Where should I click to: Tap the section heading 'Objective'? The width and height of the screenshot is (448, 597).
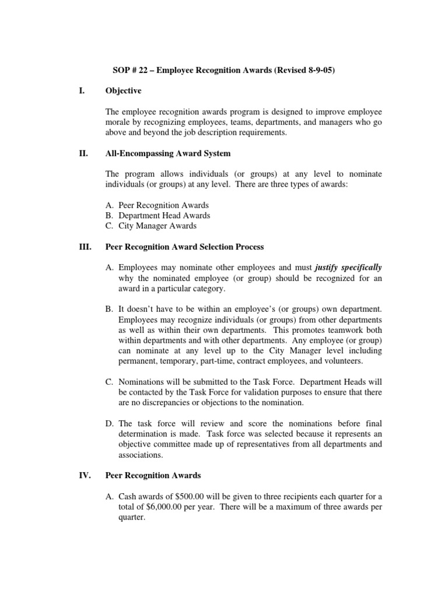tap(123, 91)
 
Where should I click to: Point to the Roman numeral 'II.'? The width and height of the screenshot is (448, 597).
tap(82, 154)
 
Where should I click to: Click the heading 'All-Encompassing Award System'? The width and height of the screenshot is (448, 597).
tap(168, 154)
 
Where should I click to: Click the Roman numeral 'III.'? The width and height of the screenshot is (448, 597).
tap(83, 247)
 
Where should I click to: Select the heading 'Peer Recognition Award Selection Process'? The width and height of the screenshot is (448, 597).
tap(184, 247)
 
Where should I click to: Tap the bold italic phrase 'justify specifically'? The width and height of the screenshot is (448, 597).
tap(348, 268)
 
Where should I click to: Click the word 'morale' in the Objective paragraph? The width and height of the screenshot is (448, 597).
tap(119, 122)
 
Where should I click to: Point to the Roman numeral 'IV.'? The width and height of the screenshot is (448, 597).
tap(83, 476)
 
